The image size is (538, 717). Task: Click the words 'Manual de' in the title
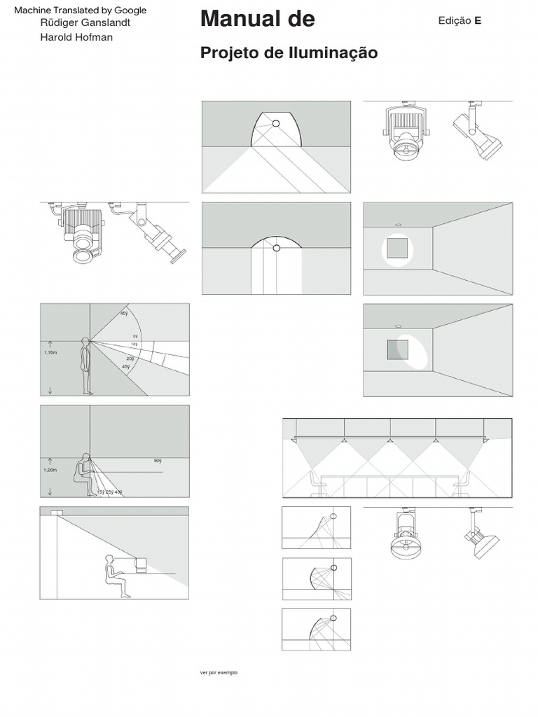point(257,20)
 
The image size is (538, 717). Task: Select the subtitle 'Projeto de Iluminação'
point(289,53)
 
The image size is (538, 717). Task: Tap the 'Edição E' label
point(460,21)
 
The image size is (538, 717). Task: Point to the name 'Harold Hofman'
point(76,37)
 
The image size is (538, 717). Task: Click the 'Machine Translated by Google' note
point(81,11)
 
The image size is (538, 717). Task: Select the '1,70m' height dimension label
point(50,353)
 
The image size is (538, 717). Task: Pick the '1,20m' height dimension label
point(50,471)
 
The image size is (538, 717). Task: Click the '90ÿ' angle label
point(157,461)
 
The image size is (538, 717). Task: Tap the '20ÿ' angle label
point(130,358)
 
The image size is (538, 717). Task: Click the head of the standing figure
point(86,342)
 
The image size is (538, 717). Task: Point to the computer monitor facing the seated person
point(140,564)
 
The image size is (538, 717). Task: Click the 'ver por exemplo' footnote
point(219,672)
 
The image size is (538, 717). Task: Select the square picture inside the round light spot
point(397,249)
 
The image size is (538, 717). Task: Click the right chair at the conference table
point(462,484)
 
